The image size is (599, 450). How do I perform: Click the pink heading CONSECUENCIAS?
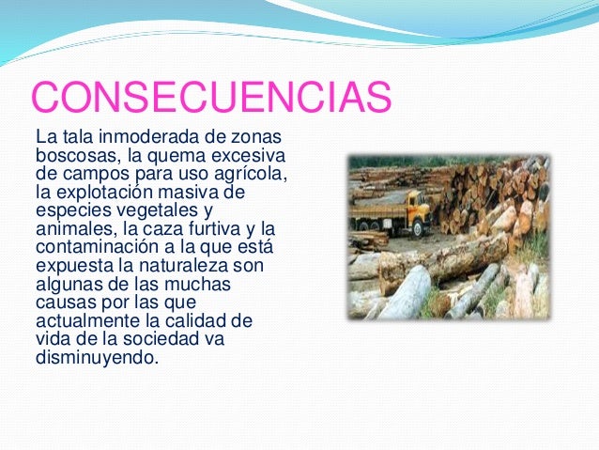(x=210, y=97)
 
